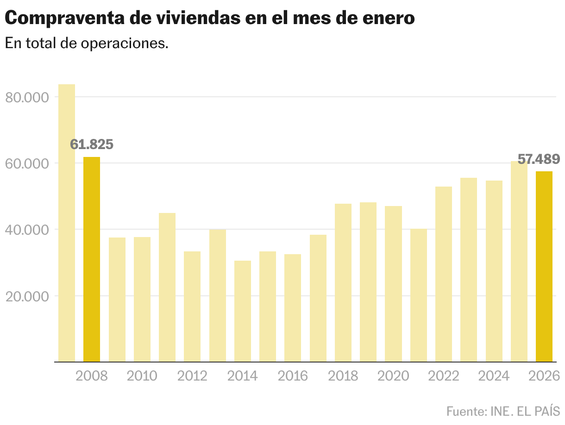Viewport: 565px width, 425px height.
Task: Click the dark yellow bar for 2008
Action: [x=92, y=259]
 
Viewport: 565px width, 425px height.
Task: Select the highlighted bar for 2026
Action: [x=544, y=266]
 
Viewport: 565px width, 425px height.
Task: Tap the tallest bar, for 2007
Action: [x=67, y=223]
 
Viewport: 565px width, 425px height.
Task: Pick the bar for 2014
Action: [x=243, y=311]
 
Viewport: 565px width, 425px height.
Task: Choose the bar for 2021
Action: [x=419, y=295]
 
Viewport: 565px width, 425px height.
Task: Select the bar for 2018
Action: [x=343, y=282]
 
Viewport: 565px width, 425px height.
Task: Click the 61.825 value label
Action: [x=92, y=144]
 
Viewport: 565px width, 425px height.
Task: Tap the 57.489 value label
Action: [x=539, y=160]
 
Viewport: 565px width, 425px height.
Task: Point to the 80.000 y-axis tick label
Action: [x=27, y=98]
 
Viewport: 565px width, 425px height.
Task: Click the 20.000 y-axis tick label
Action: [x=27, y=296]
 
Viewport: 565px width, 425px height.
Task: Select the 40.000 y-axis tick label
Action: [x=27, y=230]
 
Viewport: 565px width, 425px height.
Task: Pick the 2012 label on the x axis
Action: [x=192, y=375]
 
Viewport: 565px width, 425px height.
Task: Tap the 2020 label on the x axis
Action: [x=393, y=375]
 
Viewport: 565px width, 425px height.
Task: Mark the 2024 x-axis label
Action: [x=494, y=375]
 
